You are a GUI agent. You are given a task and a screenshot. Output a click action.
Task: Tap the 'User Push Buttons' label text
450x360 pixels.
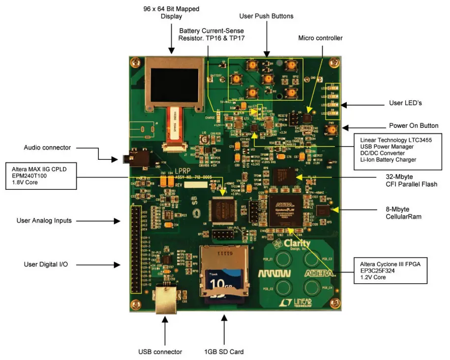pyautogui.click(x=266, y=16)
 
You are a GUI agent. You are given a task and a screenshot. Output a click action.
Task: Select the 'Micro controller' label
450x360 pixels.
pyautogui.click(x=320, y=38)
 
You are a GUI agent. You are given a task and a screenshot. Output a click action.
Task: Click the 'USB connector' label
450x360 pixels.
pyautogui.click(x=160, y=352)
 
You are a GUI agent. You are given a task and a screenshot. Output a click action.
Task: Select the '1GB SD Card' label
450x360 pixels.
pyautogui.click(x=224, y=352)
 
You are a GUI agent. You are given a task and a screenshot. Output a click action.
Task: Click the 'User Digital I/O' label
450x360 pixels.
pyautogui.click(x=46, y=265)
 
